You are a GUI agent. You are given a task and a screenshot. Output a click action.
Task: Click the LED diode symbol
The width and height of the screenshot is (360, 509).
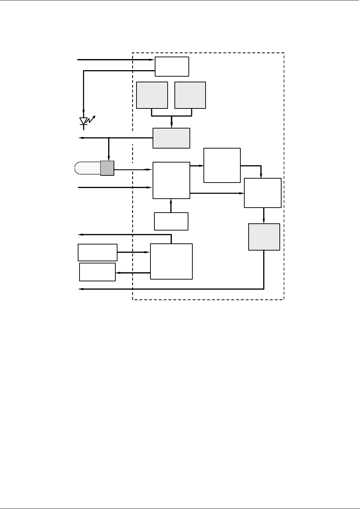point(84,121)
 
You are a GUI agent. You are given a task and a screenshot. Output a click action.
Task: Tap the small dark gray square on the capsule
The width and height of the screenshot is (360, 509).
point(107,168)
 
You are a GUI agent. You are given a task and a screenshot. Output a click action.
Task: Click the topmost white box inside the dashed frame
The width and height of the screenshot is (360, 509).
point(172,66)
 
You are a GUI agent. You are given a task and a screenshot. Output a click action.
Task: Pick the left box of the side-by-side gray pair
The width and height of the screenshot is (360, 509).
point(152,95)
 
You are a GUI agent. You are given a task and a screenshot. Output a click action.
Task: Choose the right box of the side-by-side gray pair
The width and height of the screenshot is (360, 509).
point(190,95)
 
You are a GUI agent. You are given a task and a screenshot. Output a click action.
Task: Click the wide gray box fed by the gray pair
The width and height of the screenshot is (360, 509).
point(171,138)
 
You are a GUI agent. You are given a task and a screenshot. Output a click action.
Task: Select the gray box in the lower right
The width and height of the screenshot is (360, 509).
point(264,237)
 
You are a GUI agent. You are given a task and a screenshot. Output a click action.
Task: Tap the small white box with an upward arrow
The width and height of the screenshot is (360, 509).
point(171,221)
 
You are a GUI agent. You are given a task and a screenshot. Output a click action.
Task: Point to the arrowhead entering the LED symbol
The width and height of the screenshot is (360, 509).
point(84,112)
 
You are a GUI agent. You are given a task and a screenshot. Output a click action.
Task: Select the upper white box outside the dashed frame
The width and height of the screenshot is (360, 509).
point(97,252)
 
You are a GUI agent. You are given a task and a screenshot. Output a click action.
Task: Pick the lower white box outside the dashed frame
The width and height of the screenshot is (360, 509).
point(97,272)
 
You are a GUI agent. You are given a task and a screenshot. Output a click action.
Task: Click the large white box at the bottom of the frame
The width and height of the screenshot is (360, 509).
point(171,261)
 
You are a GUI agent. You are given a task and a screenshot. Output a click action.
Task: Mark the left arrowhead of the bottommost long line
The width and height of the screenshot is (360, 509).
point(81,289)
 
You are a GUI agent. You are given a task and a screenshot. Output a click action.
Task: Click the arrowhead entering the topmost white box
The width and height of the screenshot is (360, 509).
point(153,60)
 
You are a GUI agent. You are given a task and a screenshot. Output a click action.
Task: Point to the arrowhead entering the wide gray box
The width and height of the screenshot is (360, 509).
point(172,126)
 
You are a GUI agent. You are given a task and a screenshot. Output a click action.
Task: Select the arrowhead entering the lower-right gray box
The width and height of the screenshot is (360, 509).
point(264,222)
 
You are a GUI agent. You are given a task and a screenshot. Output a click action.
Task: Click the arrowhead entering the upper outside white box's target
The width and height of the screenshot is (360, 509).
point(148,252)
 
